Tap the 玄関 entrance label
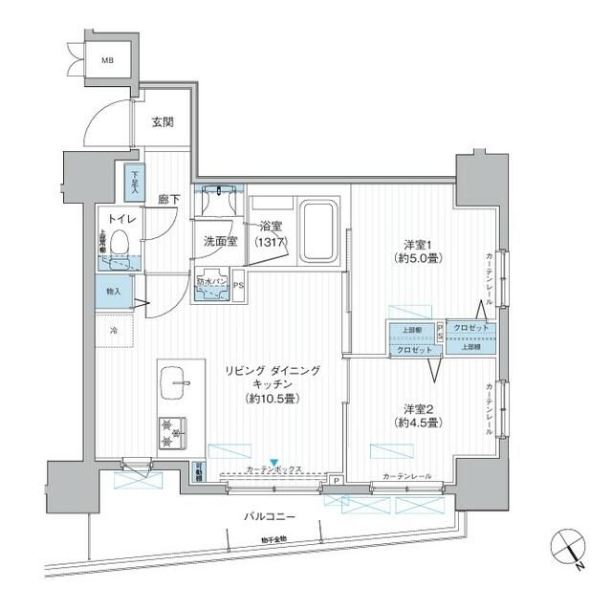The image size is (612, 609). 164,122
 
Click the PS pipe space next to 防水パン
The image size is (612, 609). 238,284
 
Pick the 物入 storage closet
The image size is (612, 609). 114,291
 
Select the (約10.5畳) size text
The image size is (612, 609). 273,398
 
